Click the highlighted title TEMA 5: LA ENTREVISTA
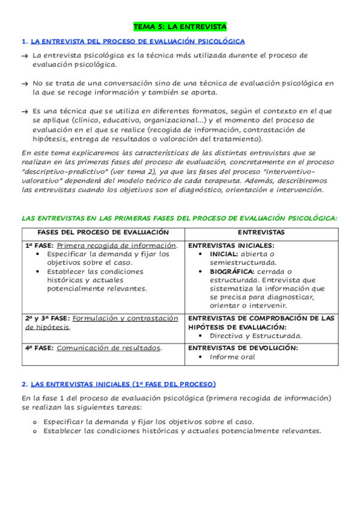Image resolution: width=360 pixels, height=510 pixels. [x=180, y=27]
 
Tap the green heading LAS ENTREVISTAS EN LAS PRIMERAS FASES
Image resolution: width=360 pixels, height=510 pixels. [x=179, y=218]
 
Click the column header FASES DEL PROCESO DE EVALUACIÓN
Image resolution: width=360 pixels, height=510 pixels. [x=103, y=232]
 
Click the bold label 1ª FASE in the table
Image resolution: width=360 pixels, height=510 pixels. [x=40, y=245]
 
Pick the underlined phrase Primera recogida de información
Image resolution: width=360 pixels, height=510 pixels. [x=117, y=245]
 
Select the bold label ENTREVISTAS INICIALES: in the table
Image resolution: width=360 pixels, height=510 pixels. [x=231, y=245]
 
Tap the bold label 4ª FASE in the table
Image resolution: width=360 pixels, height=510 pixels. [x=40, y=348]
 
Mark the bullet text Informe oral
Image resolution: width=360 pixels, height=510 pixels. [x=232, y=357]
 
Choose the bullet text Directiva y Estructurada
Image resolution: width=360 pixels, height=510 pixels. [x=255, y=336]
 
